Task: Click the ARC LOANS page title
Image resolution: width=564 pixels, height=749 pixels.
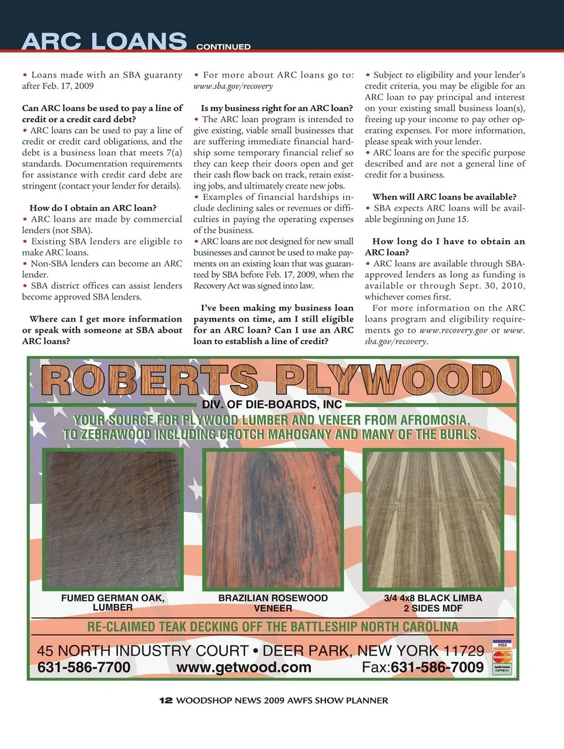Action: (x=104, y=41)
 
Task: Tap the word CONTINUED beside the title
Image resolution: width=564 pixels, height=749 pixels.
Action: (x=223, y=46)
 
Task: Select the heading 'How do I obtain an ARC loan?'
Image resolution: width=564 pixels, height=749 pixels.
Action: (x=93, y=208)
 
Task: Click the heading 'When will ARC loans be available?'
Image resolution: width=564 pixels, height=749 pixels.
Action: (x=444, y=197)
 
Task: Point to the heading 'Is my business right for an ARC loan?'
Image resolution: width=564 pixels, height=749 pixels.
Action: (x=277, y=108)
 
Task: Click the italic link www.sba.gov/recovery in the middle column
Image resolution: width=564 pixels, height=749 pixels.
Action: (x=233, y=86)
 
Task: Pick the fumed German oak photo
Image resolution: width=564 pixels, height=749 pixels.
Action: (x=113, y=519)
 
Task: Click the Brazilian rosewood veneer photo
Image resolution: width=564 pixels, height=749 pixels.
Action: (x=273, y=519)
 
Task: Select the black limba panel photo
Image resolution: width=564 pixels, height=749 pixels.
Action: (x=433, y=519)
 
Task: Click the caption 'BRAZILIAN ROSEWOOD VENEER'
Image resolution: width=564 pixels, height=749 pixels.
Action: (x=273, y=603)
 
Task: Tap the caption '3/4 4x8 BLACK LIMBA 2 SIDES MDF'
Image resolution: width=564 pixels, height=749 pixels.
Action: (x=433, y=603)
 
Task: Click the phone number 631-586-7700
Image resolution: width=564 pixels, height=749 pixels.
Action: (x=84, y=667)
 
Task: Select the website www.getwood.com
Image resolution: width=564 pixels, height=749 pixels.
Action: (x=244, y=667)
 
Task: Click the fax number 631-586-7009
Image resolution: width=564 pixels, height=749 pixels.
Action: (x=437, y=667)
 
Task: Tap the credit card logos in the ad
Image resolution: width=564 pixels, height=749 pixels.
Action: (x=502, y=657)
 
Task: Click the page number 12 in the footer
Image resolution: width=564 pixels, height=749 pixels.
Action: (x=166, y=700)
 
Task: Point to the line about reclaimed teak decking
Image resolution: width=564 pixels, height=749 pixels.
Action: (x=273, y=627)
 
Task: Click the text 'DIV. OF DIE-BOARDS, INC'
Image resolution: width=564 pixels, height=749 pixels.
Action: (x=272, y=405)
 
